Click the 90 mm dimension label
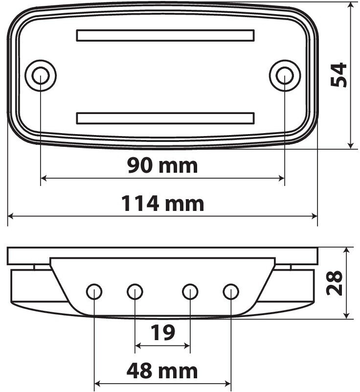click(162, 165)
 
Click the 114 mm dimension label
click(162, 204)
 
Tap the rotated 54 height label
click(338, 75)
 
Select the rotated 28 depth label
click(334, 283)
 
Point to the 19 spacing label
click(163, 332)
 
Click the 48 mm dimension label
click(162, 371)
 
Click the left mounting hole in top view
click(41, 75)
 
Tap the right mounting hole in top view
click(285, 75)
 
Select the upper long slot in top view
click(165, 35)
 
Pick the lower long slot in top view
click(165, 118)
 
